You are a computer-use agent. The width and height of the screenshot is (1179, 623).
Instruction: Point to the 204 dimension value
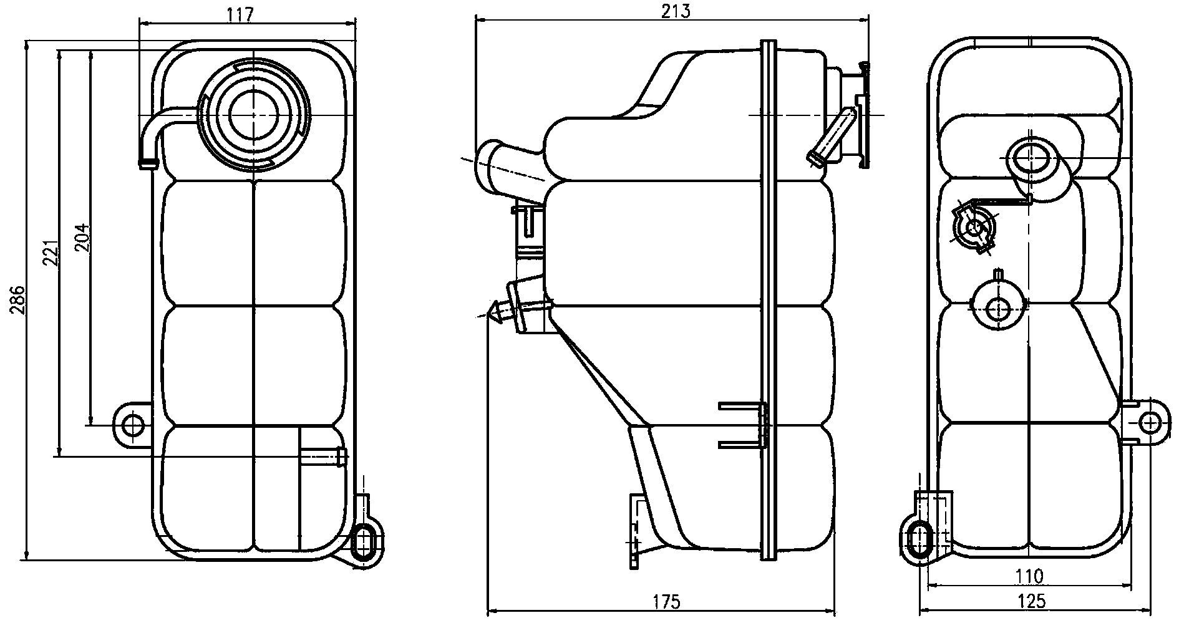pyautogui.click(x=82, y=238)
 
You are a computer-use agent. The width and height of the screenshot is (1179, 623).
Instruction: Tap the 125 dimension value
pyautogui.click(x=1030, y=602)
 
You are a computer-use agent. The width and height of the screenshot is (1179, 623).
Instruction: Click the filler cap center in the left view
pyautogui.click(x=255, y=114)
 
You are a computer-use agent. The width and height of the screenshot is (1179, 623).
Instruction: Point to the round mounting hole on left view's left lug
pyautogui.click(x=132, y=426)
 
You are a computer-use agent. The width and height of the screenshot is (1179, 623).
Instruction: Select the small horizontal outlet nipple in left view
pyautogui.click(x=322, y=456)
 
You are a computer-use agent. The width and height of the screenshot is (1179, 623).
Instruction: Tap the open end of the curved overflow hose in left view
pyautogui.click(x=148, y=163)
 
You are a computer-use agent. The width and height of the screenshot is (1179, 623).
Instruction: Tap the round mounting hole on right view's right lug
pyautogui.click(x=1150, y=423)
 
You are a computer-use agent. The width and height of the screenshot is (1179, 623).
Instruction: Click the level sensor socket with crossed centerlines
pyautogui.click(x=973, y=228)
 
